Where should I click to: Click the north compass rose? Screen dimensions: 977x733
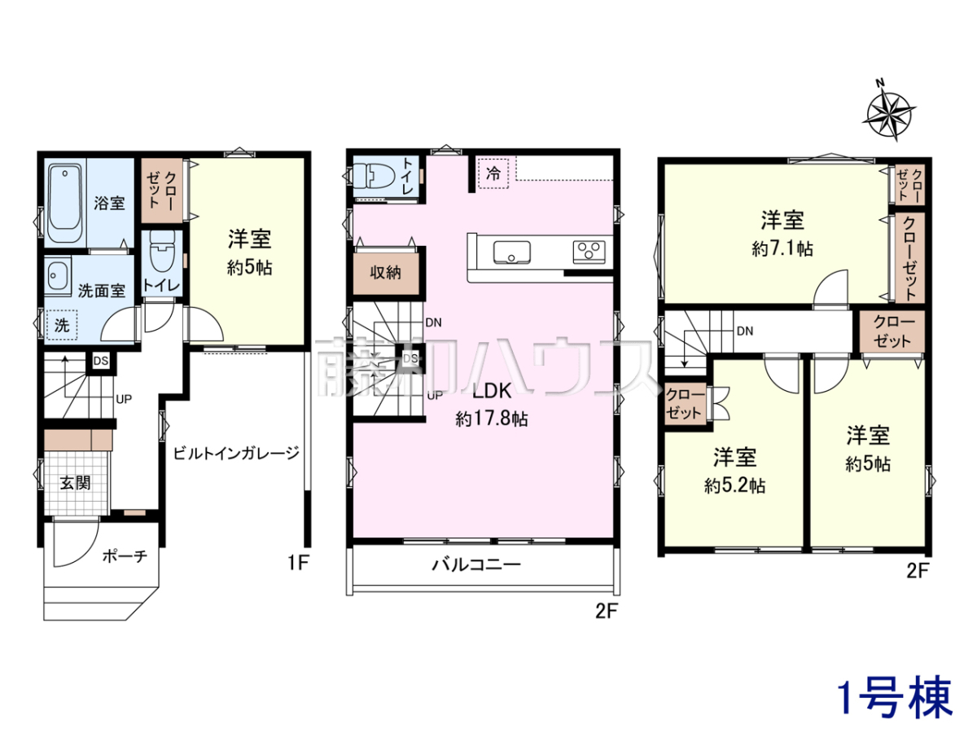[888, 113]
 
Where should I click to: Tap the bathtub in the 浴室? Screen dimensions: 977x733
[65, 203]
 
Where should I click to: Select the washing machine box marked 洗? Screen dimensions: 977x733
[62, 325]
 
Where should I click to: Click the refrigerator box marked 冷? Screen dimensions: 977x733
[493, 173]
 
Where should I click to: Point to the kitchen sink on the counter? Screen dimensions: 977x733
[512, 252]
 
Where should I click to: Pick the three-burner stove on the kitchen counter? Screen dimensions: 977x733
[589, 252]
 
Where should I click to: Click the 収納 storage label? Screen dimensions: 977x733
[385, 272]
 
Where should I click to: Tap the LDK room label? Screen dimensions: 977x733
[492, 390]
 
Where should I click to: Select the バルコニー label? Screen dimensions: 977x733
[477, 565]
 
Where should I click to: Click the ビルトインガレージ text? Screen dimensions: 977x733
[236, 453]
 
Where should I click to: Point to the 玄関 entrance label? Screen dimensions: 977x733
[76, 482]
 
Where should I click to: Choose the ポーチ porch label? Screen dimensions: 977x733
[125, 556]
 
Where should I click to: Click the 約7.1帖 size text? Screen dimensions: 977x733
[782, 248]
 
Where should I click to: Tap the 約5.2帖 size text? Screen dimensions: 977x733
[735, 485]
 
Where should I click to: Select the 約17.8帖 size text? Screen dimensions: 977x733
[492, 419]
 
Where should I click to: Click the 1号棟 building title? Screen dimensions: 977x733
[895, 697]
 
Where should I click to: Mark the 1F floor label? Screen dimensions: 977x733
[298, 563]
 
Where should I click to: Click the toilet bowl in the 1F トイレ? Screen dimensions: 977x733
[163, 252]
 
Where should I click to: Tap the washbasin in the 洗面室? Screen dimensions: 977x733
[58, 274]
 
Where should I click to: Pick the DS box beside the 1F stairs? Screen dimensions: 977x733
[101, 361]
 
